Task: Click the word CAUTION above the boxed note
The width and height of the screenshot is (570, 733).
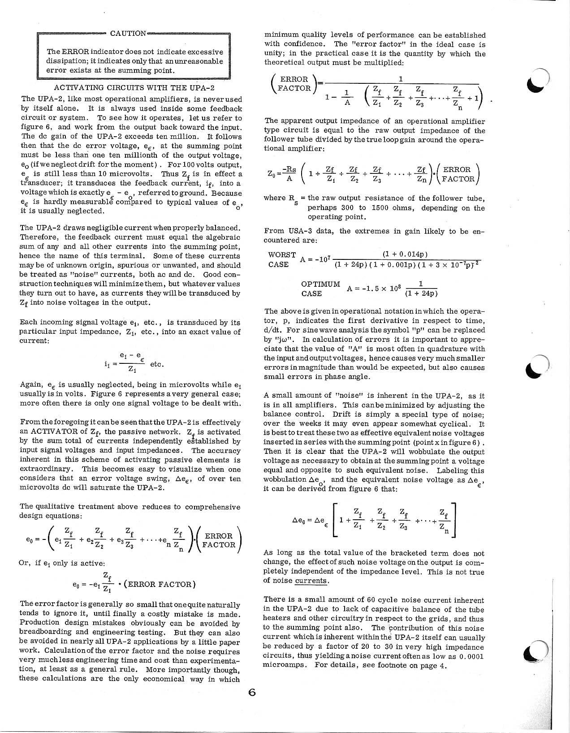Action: point(128,33)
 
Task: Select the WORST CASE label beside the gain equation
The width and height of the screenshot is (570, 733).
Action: point(281,259)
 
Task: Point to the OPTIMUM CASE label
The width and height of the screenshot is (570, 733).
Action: point(320,289)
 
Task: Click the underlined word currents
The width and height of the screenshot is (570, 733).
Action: point(311,581)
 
